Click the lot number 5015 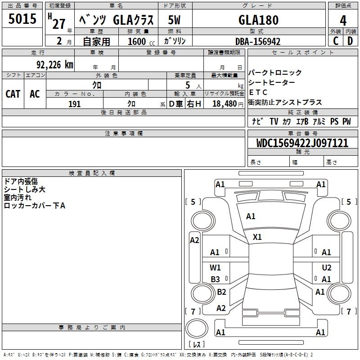pos(22,18)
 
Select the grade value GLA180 pos(258,20)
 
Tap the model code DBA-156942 pos(258,41)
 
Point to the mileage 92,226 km pos(55,64)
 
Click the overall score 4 pos(343,20)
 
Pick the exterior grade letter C pos(336,41)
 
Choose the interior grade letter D pos(350,41)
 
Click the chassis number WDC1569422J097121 pos(302,143)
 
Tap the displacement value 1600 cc pos(141,41)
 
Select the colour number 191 pos(74,104)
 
